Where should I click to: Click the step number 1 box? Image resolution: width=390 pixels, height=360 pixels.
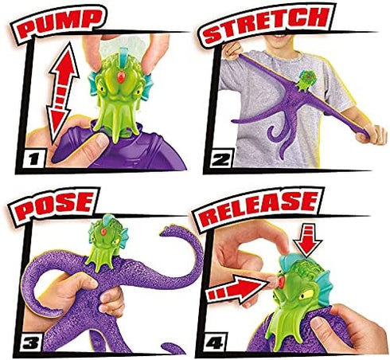(34, 159)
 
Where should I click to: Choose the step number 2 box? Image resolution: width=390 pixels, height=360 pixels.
(221, 159)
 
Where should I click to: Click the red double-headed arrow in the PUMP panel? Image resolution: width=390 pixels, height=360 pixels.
(63, 93)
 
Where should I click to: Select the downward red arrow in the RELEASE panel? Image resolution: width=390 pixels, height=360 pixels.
(307, 241)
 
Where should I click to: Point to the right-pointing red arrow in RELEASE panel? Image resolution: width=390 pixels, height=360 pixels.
(236, 290)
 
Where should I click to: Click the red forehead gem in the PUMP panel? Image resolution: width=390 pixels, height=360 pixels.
(121, 77)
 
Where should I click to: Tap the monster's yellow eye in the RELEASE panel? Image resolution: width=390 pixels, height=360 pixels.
(306, 295)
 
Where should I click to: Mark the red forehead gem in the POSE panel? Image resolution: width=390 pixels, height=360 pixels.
(103, 232)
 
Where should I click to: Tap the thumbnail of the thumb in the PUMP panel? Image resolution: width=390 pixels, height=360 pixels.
(102, 141)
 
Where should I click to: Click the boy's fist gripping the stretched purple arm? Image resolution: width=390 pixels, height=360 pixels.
(371, 134)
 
